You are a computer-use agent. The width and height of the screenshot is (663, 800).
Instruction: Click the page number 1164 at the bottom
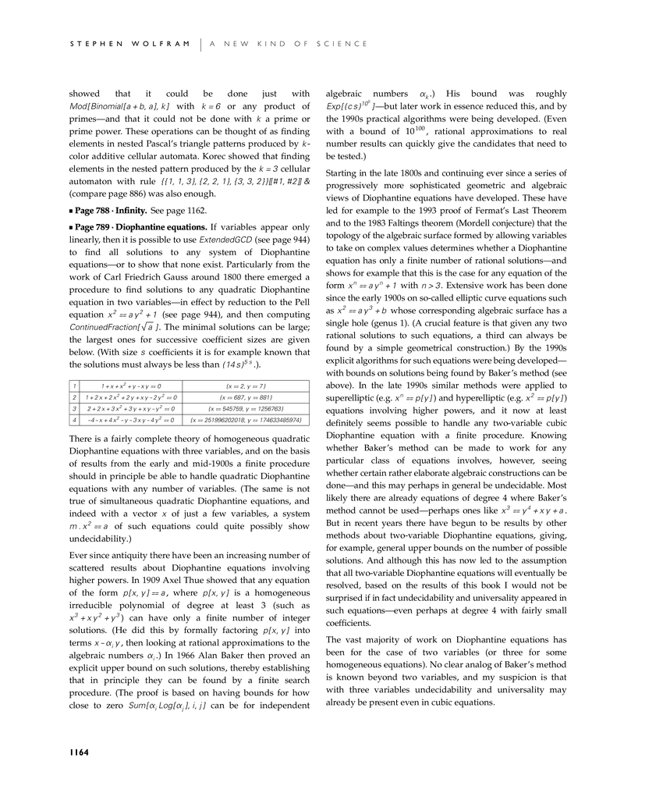[78, 752]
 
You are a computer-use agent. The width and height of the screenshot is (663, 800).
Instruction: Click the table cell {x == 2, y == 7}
[245, 386]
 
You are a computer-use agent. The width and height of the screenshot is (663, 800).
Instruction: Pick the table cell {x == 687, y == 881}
[245, 397]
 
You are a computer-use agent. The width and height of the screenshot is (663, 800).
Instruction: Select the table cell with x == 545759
[245, 408]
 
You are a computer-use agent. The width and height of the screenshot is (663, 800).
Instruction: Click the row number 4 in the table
[73, 420]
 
